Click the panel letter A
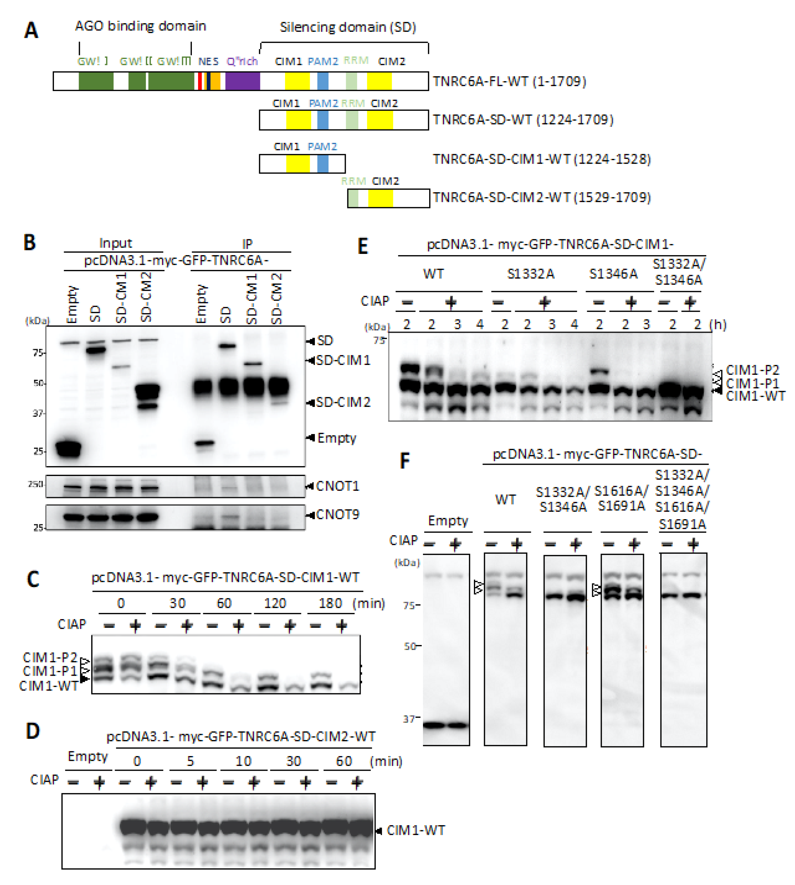pos(31,31)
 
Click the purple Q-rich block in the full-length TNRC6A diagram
pos(242,81)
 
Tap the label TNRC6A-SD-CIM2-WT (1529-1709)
pos(542,198)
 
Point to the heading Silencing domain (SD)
pos(348,27)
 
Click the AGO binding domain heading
pos(140,26)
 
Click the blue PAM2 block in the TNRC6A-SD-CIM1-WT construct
pos(323,164)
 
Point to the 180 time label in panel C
pos(330,603)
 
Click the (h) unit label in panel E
pos(718,324)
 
